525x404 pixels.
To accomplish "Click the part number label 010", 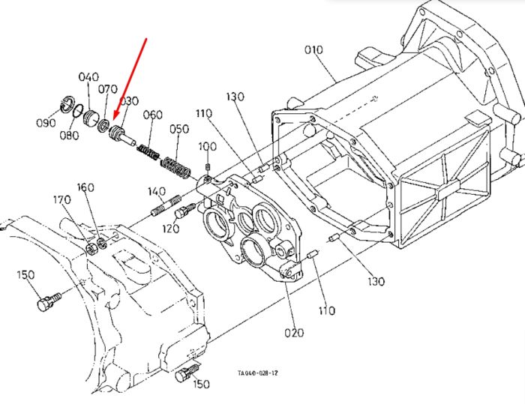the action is click(x=313, y=50).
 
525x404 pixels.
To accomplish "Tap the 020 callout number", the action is click(x=294, y=333).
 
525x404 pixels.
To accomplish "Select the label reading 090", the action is click(x=46, y=123).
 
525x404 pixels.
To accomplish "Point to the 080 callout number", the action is click(x=69, y=135).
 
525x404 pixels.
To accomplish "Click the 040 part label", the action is click(x=88, y=77).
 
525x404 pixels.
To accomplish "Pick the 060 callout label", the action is click(x=153, y=115).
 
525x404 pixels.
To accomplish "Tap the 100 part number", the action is click(x=208, y=147).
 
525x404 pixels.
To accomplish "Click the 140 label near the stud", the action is click(x=157, y=192).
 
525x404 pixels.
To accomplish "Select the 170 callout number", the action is click(x=62, y=200).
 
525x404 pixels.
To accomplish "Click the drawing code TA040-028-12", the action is click(x=257, y=373).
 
